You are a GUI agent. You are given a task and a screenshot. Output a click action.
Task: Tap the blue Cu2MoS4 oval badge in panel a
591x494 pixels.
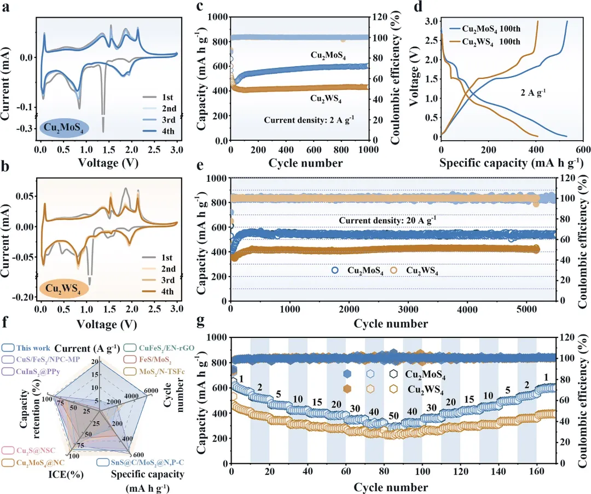tap(66, 128)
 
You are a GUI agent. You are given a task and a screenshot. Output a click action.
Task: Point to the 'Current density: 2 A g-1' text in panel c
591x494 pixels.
tap(310, 119)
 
